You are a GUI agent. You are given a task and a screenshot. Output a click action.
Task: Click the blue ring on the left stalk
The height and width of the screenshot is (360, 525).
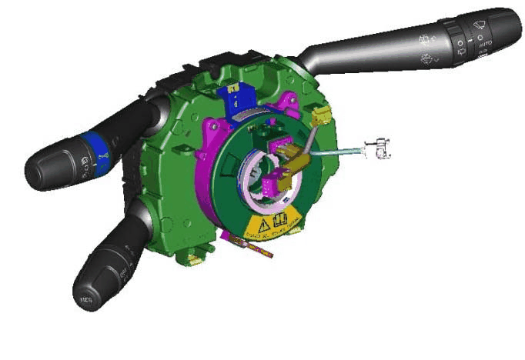tap(92, 148)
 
